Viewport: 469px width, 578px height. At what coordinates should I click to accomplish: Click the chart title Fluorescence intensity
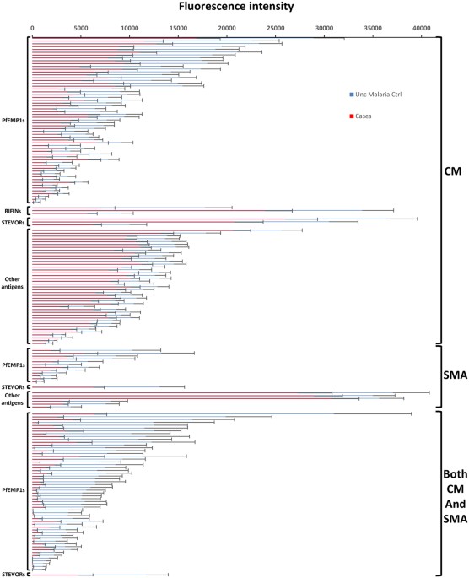234,8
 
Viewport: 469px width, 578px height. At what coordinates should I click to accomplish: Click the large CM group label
453,174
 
